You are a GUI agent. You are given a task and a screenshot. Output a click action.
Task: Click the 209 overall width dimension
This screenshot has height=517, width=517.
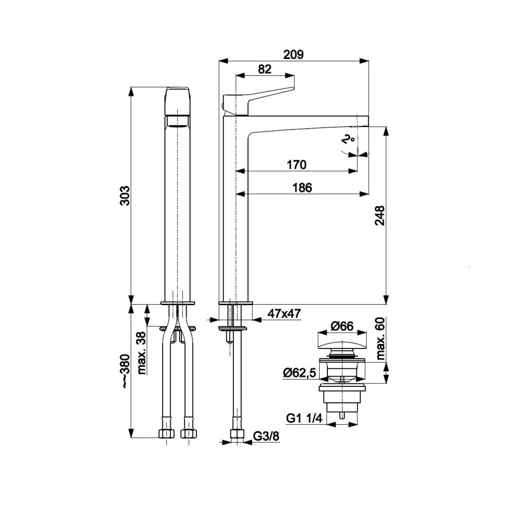tap(293, 55)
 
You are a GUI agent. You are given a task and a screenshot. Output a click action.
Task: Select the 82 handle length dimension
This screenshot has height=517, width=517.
tap(265, 69)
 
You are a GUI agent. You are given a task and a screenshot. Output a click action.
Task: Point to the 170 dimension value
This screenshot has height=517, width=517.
tap(296, 165)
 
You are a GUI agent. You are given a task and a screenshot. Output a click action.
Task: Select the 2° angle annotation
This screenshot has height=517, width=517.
tap(348, 140)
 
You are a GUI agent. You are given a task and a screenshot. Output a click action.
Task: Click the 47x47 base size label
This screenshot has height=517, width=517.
tap(284, 313)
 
